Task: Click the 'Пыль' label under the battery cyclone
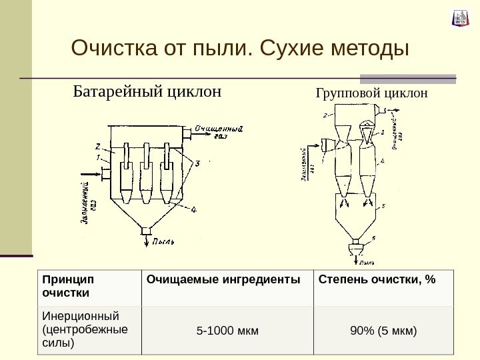pos(163,241)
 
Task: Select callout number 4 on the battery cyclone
pos(193,211)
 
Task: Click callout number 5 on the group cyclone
pos(383,208)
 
